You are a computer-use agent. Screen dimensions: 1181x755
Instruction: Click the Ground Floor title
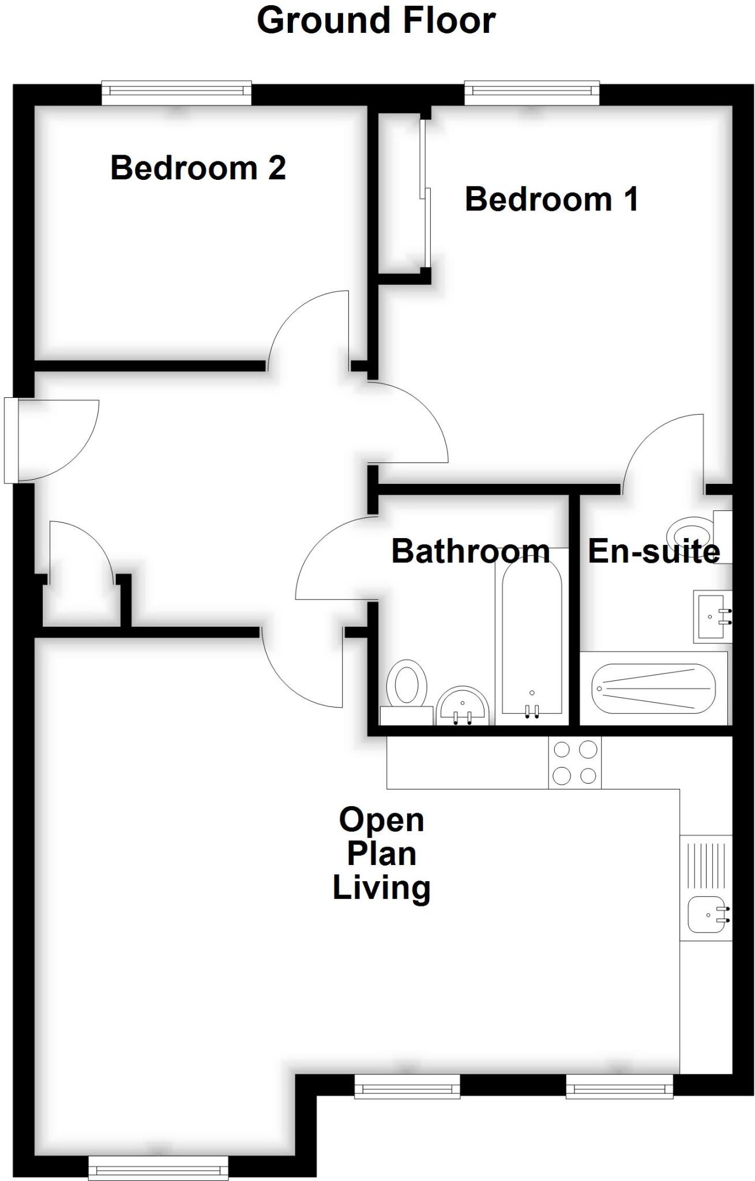click(x=376, y=21)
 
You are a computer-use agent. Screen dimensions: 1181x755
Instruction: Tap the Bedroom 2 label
click(x=198, y=168)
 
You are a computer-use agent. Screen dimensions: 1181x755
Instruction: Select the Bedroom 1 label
click(x=551, y=200)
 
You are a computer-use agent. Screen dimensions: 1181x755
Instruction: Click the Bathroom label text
click(x=470, y=551)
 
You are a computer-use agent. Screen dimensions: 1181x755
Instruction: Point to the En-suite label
click(x=653, y=551)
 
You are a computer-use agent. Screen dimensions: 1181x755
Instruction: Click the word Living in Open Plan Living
click(x=381, y=888)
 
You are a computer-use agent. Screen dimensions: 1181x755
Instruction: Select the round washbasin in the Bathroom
click(x=463, y=706)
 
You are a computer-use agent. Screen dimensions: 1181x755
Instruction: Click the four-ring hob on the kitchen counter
click(x=574, y=763)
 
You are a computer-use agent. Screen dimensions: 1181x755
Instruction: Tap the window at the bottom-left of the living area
click(x=158, y=1168)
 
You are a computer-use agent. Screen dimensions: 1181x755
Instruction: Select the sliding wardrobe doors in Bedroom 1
click(x=425, y=193)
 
